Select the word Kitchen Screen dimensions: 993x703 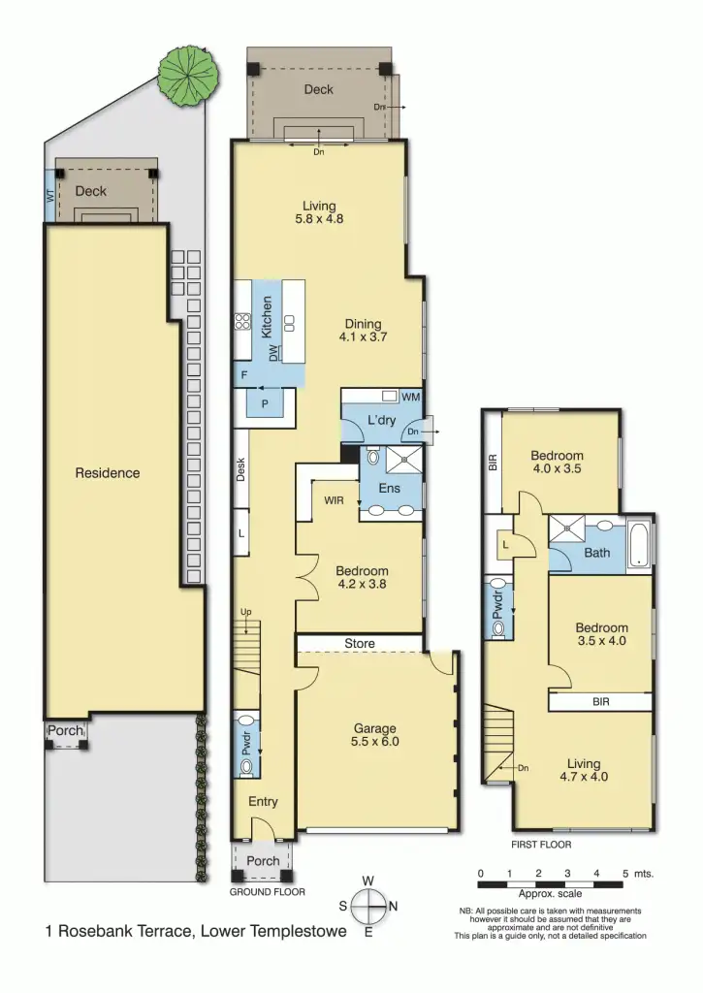pos(267,316)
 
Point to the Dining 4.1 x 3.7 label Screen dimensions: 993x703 pos(362,331)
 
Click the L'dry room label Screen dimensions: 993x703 pos(380,421)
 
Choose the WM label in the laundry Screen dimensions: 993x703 pos(410,397)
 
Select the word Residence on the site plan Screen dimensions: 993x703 pos(108,473)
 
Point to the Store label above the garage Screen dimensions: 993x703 pos(361,643)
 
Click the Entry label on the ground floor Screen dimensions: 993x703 pos(263,802)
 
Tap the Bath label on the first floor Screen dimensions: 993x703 pos(597,554)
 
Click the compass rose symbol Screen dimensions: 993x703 pos(368,907)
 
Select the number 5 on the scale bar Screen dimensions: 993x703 pos(625,874)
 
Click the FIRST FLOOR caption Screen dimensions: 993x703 pos(541,845)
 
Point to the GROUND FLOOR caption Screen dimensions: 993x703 pos(267,892)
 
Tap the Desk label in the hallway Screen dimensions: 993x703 pos(241,469)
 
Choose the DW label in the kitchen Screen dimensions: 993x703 pos(274,354)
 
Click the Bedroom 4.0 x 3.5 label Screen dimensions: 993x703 pos(557,463)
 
